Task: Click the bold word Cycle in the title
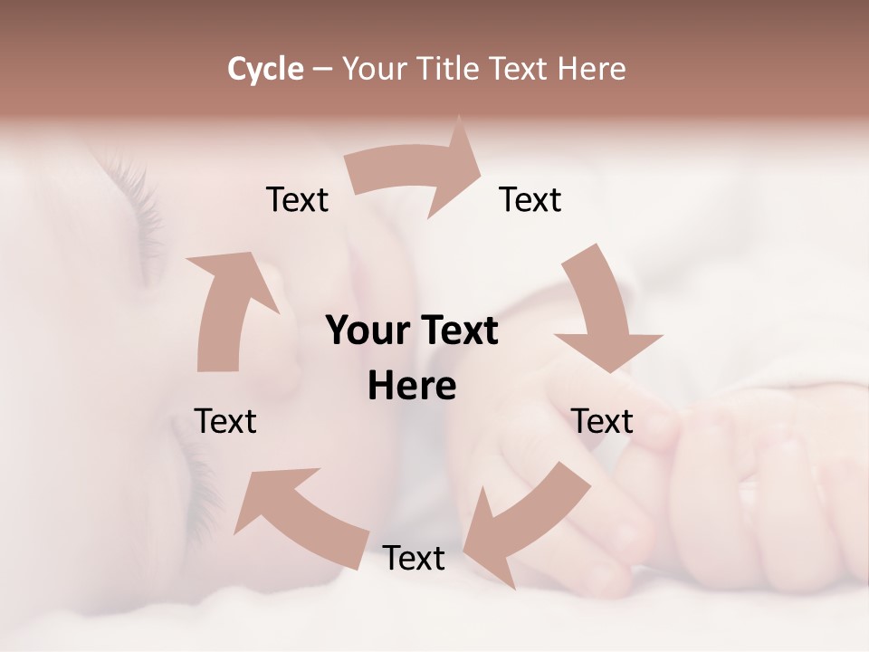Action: (265, 69)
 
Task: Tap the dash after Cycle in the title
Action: (321, 69)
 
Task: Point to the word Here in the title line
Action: (592, 69)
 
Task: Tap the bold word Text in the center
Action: (456, 331)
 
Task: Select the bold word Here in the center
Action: (412, 386)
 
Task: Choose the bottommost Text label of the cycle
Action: (414, 558)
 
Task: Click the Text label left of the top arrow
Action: (297, 199)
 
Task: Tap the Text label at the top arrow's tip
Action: (530, 199)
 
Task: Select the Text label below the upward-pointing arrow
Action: (225, 421)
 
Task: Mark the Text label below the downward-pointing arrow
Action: (602, 421)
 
